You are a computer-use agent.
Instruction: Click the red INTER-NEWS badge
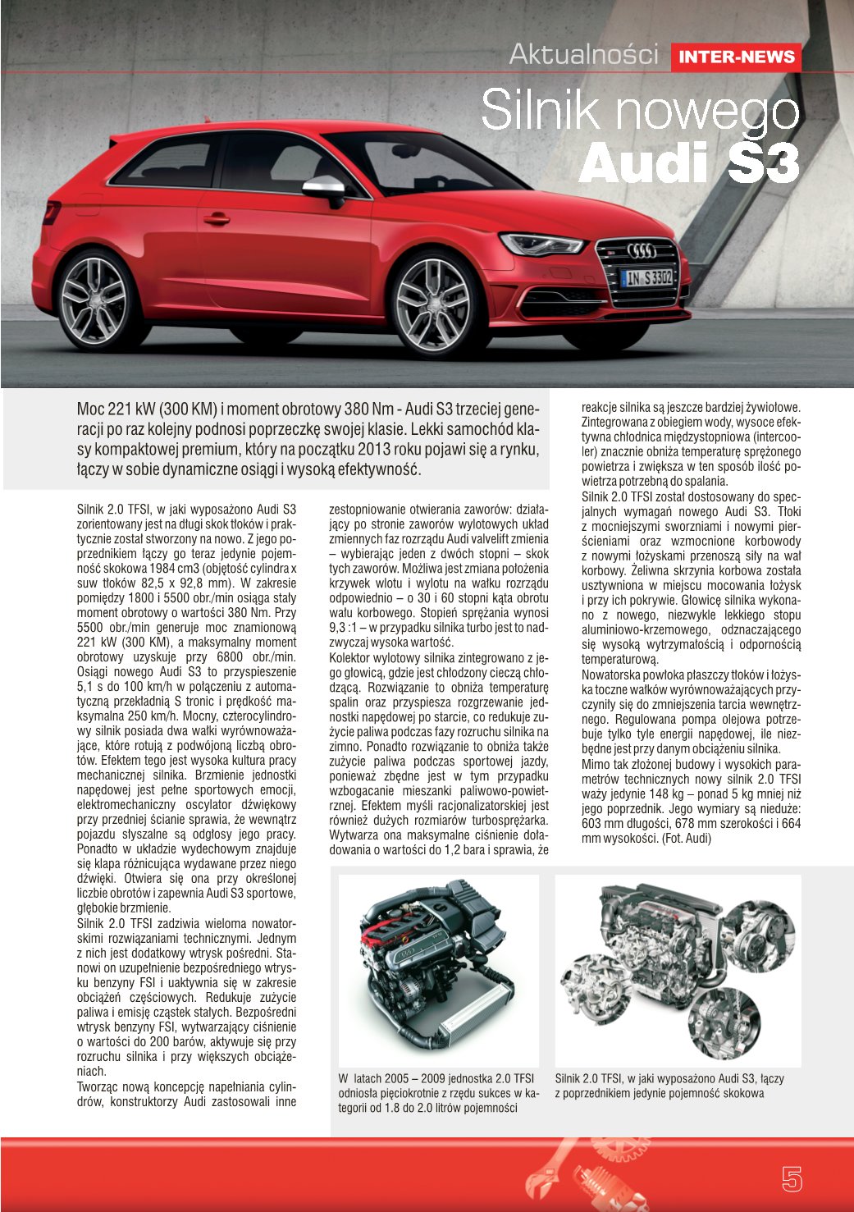pyautogui.click(x=736, y=57)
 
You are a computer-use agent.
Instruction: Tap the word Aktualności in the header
pyautogui.click(x=583, y=54)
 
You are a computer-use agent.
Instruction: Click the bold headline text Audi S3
pyautogui.click(x=688, y=162)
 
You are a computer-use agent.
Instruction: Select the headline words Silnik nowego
pyautogui.click(x=639, y=110)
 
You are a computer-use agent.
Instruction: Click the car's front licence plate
pyautogui.click(x=647, y=278)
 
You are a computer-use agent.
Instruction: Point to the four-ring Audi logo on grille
pyautogui.click(x=642, y=251)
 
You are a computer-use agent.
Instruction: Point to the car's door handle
pyautogui.click(x=217, y=219)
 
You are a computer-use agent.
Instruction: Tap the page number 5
pyautogui.click(x=791, y=1179)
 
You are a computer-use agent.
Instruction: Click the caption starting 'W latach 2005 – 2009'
pyautogui.click(x=438, y=1093)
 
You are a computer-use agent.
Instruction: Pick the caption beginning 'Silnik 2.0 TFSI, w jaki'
pyautogui.click(x=669, y=1086)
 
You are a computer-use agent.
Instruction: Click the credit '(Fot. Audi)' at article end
pyautogui.click(x=686, y=839)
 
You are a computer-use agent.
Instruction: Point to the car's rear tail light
pyautogui.click(x=52, y=212)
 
